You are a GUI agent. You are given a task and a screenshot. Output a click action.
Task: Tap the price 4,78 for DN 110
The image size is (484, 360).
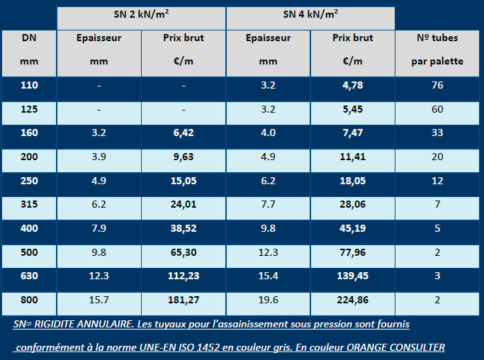point(352,86)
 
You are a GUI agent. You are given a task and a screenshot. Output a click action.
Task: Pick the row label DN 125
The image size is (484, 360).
point(29,110)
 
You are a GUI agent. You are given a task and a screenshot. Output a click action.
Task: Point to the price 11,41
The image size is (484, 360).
point(352,157)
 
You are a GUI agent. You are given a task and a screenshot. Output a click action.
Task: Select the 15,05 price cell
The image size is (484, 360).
point(183,181)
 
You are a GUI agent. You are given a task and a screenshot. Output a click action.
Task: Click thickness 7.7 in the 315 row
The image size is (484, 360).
point(268,206)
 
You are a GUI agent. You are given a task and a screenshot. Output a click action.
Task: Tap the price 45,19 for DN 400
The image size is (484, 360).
point(352,230)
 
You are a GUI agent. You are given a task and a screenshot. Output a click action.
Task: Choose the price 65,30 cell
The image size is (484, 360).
point(183,252)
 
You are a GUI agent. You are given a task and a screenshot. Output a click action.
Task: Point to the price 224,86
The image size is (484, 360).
point(352,300)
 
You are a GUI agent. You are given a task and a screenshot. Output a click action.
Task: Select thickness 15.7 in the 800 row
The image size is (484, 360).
point(100,300)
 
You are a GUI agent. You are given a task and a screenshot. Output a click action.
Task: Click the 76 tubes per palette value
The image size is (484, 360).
point(437,86)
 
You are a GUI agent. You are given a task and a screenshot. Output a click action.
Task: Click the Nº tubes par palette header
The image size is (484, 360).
point(437,50)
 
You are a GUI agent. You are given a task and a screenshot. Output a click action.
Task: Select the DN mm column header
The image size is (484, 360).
point(29,50)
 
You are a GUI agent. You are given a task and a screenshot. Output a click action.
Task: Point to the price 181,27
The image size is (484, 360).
point(183,300)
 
